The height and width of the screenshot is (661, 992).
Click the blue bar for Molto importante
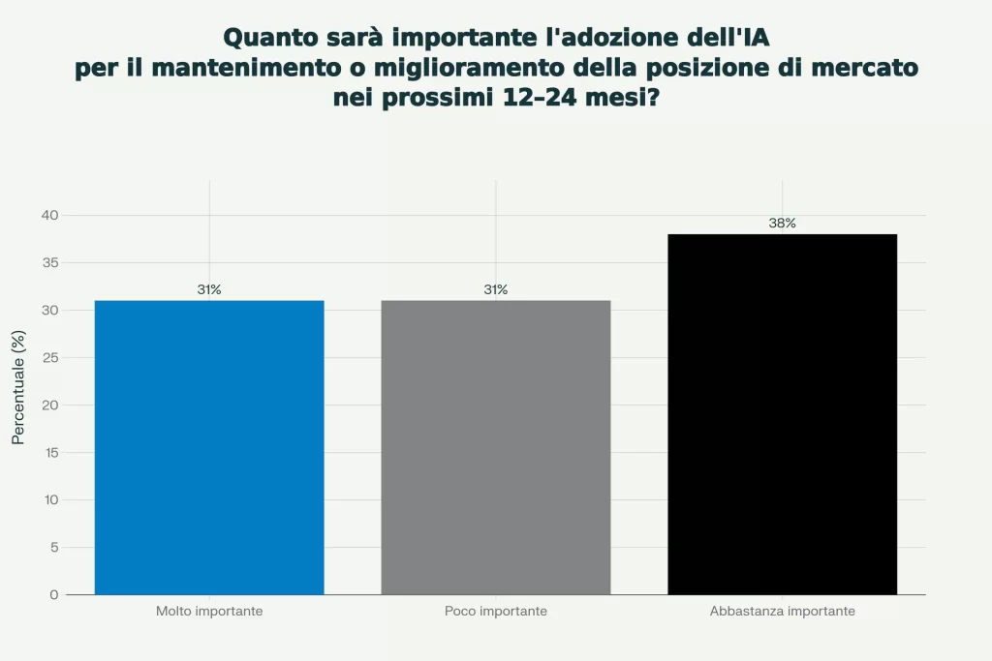coord(209,447)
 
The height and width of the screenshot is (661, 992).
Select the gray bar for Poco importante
coord(496,447)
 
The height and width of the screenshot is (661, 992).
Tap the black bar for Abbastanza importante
coord(783,414)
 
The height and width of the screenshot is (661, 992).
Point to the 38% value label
coord(783,224)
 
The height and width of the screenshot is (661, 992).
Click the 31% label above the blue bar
coord(209,289)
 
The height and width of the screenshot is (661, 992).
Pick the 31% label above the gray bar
coord(496,289)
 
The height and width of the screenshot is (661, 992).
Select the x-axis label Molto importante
coord(209,612)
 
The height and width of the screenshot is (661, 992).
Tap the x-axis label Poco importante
coord(496,612)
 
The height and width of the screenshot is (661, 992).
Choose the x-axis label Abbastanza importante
coord(783,612)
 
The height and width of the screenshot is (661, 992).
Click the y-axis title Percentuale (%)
coord(17,387)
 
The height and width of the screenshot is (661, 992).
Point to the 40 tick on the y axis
coord(49,215)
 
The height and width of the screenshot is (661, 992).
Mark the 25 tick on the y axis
coord(49,357)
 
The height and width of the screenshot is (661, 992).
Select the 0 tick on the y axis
coord(54,594)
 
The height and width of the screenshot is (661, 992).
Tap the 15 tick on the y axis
coord(49,452)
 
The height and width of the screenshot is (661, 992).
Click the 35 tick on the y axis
coord(49,262)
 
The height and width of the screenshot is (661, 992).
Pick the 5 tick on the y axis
coord(54,547)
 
